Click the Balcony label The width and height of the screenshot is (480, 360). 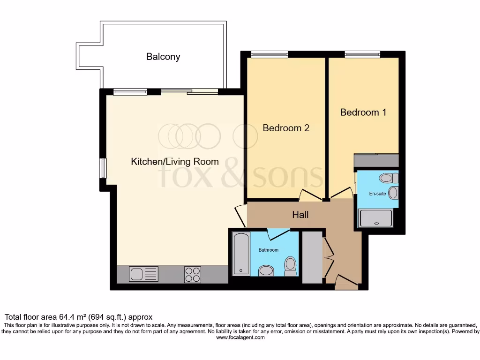163,57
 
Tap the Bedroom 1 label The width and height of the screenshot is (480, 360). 363,112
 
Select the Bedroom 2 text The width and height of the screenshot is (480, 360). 286,128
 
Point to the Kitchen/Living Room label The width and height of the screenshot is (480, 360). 174,162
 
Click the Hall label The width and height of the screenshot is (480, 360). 300,215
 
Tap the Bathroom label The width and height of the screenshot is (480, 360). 269,250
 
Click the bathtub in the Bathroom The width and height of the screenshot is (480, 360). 241,254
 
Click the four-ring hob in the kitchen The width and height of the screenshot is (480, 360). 193,274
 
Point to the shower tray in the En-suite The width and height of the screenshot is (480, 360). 375,218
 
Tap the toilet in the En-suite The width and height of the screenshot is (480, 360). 389,178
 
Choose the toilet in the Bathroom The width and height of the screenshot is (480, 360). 291,265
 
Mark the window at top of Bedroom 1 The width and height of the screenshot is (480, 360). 362,54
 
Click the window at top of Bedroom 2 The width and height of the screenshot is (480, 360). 269,54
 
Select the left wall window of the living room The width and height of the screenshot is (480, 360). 103,168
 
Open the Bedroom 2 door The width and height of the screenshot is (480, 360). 309,195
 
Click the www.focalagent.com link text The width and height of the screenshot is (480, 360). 240,337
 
